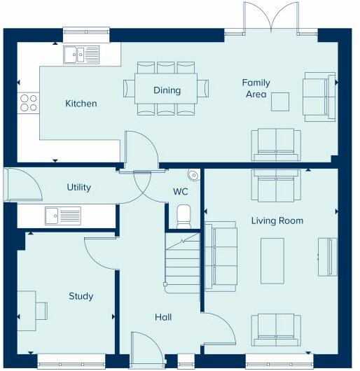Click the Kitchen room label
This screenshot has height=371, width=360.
point(81,104)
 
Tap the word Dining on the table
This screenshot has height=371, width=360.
point(167,90)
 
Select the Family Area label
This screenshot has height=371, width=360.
point(256,88)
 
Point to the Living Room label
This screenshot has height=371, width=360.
point(277,220)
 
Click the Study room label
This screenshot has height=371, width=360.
point(81,296)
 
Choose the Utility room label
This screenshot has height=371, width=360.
point(78,188)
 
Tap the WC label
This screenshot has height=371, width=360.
point(180,191)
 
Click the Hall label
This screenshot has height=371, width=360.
point(163,317)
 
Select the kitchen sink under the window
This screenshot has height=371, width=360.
point(82,54)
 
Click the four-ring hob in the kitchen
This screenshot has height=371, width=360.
point(28,103)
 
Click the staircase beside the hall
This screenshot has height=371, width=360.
point(183,263)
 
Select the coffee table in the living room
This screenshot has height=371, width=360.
point(272,260)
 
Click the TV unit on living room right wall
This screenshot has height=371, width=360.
point(326,257)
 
